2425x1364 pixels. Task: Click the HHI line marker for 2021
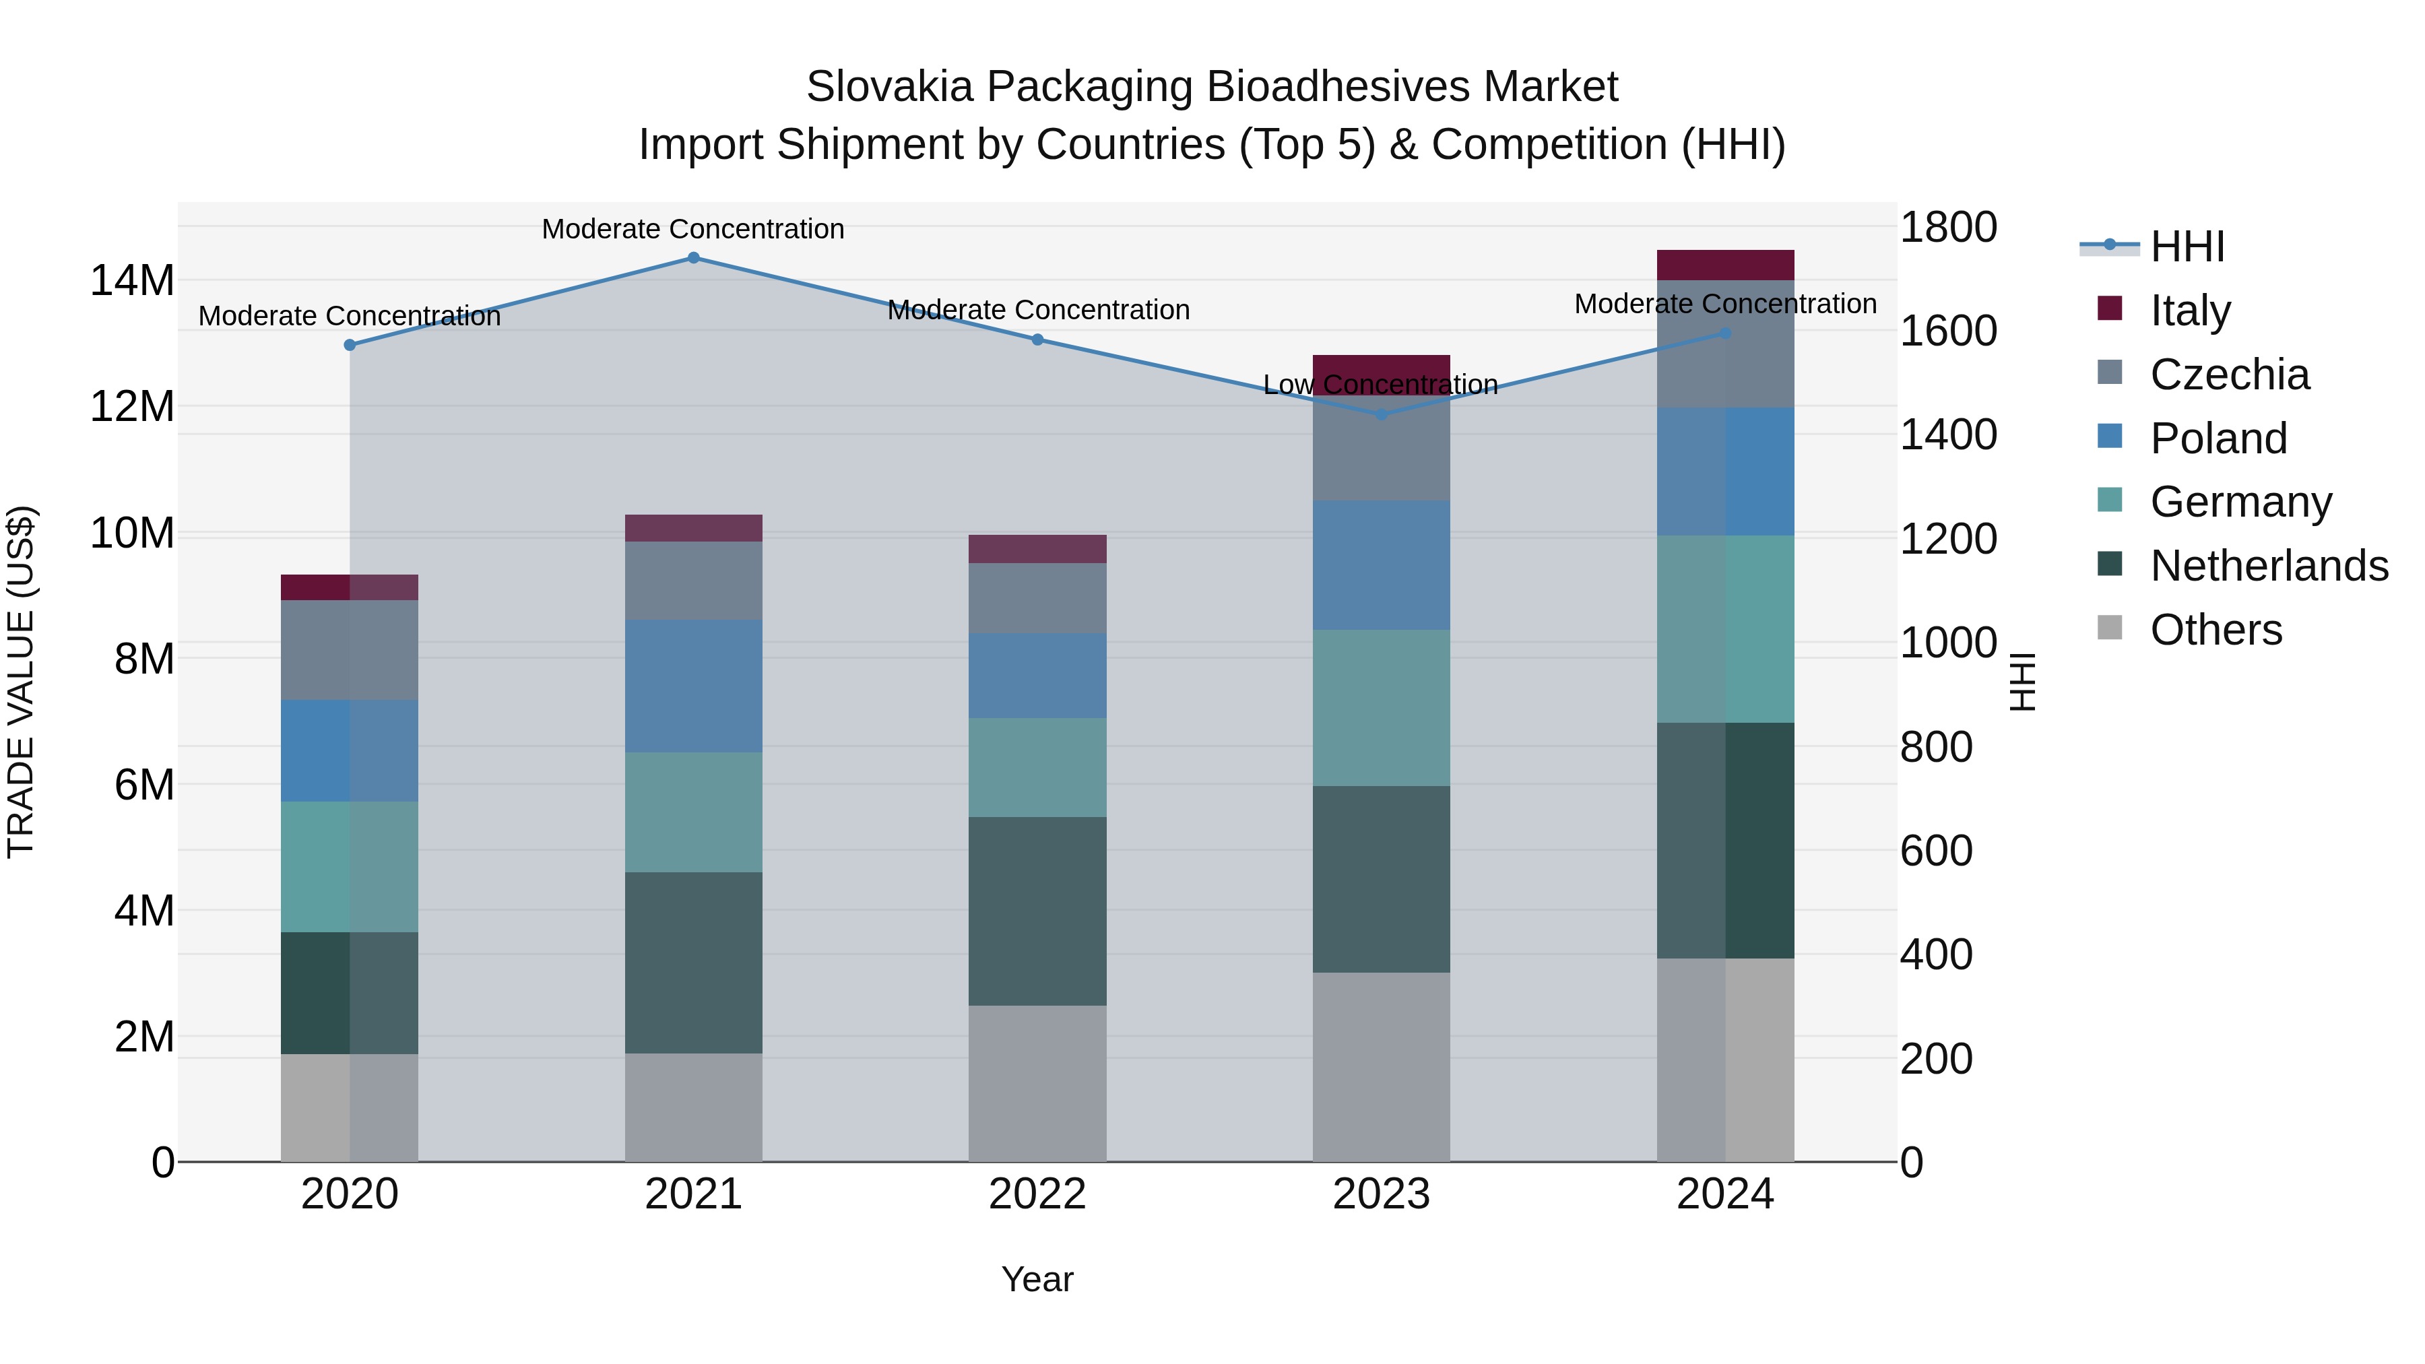[694, 258]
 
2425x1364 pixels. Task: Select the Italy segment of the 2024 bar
[1726, 265]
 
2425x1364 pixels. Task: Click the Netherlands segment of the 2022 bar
[1037, 911]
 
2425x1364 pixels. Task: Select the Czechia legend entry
[2229, 375]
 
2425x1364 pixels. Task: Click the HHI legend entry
[2187, 247]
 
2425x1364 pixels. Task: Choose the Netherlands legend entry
[2269, 566]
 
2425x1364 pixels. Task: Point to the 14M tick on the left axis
[132, 280]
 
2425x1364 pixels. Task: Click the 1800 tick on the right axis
[1947, 227]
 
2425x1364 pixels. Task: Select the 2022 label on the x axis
[1037, 1194]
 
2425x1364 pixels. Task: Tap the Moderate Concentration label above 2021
[693, 229]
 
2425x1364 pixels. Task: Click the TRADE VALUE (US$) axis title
[21, 682]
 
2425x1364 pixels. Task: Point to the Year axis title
[1037, 1279]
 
